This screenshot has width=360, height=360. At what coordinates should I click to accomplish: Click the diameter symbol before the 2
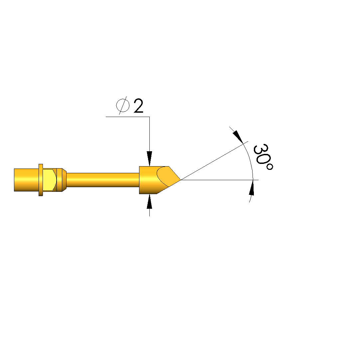point(123,106)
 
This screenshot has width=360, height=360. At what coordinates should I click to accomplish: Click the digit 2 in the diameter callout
point(138,106)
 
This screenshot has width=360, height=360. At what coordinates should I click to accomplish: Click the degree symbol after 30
point(270,167)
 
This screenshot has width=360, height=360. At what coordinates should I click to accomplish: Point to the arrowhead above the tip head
point(150,159)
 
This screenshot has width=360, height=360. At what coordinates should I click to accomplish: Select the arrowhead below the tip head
point(150,201)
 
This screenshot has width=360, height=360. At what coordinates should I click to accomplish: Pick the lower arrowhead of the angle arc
point(252,187)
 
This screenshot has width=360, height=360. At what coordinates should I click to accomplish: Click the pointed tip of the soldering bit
point(181,180)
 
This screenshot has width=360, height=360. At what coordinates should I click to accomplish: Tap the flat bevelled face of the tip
point(167,176)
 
